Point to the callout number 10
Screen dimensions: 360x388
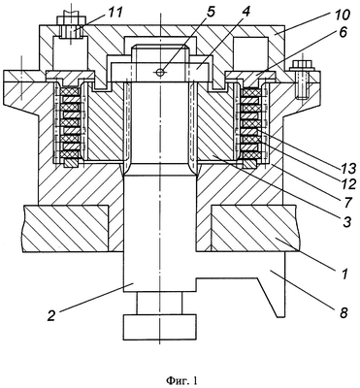pyautogui.click(x=342, y=15)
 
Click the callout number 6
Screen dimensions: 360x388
pyautogui.click(x=344, y=32)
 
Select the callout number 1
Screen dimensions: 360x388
pyautogui.click(x=344, y=275)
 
